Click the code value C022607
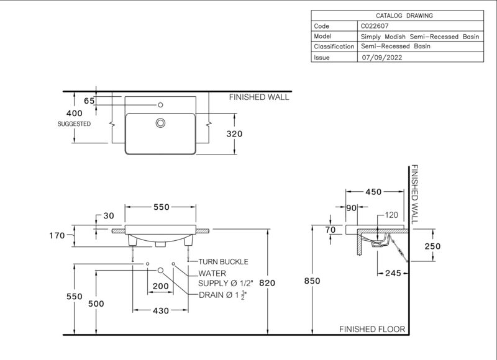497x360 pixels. (375, 26)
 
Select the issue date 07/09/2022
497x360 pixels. (382, 57)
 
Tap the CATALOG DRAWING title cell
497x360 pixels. (404, 16)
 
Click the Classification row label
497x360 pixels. (334, 47)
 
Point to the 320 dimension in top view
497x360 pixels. (234, 133)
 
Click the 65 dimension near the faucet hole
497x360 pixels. (89, 101)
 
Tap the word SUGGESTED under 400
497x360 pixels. (74, 124)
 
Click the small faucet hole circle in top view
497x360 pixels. (160, 105)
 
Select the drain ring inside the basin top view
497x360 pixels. (160, 123)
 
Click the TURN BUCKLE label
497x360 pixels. (223, 261)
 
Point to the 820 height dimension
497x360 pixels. (267, 283)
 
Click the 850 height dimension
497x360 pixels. (312, 281)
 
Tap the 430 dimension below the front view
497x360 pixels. (161, 310)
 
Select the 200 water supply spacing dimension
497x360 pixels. (160, 286)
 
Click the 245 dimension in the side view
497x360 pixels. (393, 273)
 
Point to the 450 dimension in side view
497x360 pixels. (373, 192)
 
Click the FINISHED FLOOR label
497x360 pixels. (372, 330)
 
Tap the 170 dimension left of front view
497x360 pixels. (57, 235)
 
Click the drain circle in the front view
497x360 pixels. (160, 270)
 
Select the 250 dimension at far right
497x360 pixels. (432, 246)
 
